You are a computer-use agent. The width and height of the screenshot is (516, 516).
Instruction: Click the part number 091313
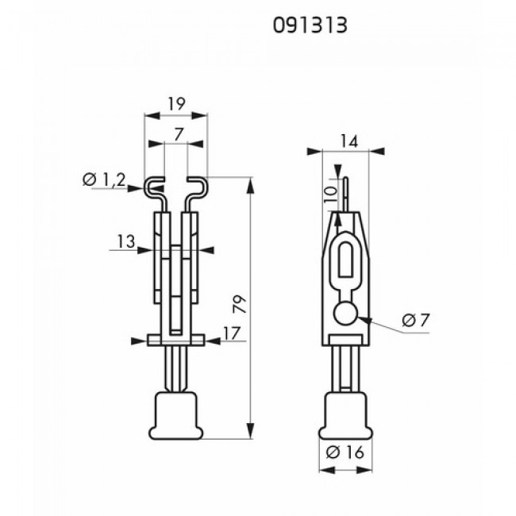[x=310, y=25]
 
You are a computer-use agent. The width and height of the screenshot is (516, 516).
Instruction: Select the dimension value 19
[x=177, y=104]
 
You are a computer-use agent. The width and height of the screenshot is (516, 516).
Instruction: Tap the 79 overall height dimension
[x=240, y=304]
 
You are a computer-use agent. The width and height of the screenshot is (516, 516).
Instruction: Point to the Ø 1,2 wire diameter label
[x=104, y=180]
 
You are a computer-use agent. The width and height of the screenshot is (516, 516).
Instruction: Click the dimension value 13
[x=126, y=241]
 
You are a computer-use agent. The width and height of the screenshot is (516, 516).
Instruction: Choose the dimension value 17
[x=232, y=333]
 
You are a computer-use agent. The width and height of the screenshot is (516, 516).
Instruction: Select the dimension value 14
[x=348, y=141]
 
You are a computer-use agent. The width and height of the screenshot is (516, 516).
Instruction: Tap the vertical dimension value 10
[x=331, y=194]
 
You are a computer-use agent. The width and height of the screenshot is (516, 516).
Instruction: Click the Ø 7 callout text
[x=416, y=320]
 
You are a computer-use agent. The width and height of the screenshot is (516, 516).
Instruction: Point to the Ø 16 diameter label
[x=345, y=452]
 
